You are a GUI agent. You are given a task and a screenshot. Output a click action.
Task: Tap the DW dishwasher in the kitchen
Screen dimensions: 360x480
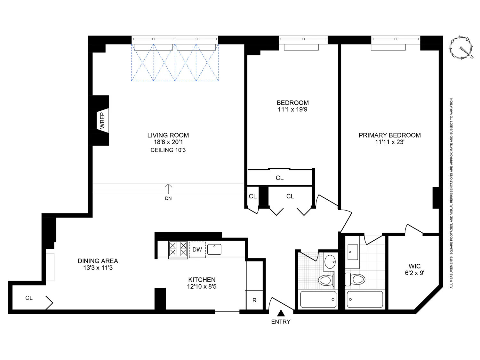click(197, 249)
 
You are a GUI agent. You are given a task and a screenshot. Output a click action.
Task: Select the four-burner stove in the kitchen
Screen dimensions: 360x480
click(178, 249)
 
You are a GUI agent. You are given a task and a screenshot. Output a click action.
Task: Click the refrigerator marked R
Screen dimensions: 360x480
click(254, 300)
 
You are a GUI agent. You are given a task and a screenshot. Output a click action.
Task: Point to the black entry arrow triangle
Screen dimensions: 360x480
click(281, 313)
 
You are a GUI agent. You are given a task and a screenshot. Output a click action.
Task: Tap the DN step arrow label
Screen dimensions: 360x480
click(168, 198)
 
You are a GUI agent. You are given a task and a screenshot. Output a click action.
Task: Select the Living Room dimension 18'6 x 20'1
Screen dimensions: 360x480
click(168, 142)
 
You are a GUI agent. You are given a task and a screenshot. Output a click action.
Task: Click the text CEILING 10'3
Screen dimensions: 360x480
click(168, 150)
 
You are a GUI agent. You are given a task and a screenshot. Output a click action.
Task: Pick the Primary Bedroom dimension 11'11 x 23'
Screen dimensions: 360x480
click(390, 142)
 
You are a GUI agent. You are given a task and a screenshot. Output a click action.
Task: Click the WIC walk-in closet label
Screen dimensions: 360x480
click(414, 266)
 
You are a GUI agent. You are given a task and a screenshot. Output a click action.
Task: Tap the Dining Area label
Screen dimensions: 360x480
click(98, 261)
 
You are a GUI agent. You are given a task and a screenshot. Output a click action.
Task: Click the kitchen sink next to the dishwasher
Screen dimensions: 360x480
click(214, 249)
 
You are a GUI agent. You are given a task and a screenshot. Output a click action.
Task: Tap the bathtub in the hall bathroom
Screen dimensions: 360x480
click(318, 300)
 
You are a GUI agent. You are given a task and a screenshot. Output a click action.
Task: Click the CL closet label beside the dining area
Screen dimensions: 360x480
click(29, 298)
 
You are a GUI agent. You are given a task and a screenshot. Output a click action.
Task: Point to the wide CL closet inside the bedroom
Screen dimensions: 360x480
click(279, 178)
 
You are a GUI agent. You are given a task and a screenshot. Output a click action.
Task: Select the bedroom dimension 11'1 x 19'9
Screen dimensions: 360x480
click(292, 110)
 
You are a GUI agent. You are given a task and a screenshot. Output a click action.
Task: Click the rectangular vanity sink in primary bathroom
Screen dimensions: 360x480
click(353, 252)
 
